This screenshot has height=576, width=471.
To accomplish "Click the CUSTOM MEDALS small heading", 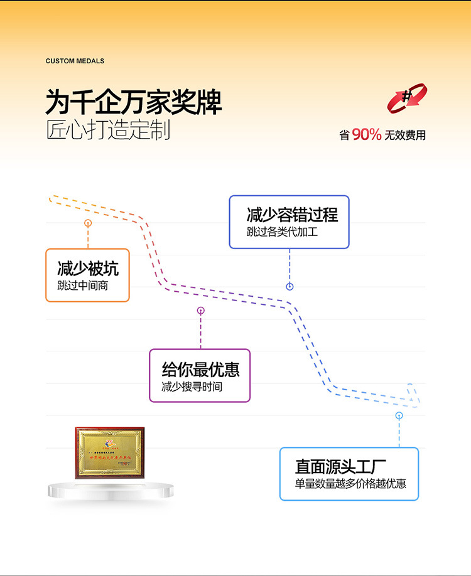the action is pos(75,61).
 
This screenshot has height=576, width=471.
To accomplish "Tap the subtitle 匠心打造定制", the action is pos(108,130).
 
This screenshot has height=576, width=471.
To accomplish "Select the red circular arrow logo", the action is pos(407,99).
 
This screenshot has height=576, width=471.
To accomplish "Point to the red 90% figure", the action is pos(367,134).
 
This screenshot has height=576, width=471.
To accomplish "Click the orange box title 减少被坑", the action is pos(87,269).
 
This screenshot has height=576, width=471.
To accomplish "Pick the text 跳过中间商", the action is pos(82,287).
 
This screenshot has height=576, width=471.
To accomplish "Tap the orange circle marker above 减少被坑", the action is pos(88,223).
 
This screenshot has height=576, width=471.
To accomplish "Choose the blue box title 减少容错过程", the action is pos(292,215).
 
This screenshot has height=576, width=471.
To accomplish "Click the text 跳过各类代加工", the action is pos(283,232).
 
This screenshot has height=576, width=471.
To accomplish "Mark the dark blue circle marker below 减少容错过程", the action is pos(290,287).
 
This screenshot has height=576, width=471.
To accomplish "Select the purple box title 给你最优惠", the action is pos(200,369).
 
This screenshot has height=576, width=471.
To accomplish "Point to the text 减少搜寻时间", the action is pos(192,387).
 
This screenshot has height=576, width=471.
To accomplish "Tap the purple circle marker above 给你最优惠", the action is pos(201,310).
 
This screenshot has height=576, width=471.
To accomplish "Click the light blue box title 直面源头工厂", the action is pos(340,467).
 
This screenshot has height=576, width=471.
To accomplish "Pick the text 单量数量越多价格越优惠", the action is pos(350,484).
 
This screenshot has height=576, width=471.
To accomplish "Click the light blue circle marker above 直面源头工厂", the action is pos(399,415).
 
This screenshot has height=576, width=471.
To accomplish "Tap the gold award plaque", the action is pos(110,452).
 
